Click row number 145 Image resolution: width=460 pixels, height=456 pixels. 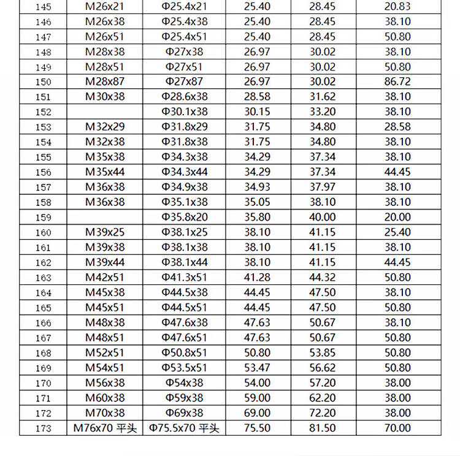pyautogui.click(x=43, y=7)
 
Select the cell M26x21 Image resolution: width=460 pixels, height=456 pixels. pyautogui.click(x=105, y=7)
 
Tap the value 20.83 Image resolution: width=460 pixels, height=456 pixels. pyautogui.click(x=397, y=7)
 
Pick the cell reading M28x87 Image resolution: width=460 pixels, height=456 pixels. pyautogui.click(x=105, y=82)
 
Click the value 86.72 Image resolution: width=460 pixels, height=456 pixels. pyautogui.click(x=397, y=82)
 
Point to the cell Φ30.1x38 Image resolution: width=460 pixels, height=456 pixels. pyautogui.click(x=185, y=112)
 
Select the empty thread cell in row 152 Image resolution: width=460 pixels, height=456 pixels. pyautogui.click(x=105, y=112)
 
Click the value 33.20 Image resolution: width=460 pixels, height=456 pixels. pyautogui.click(x=323, y=112)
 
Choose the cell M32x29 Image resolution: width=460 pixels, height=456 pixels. pyautogui.click(x=105, y=127)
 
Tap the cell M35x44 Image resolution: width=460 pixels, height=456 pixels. pyautogui.click(x=105, y=172)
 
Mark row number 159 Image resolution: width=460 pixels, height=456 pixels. pyautogui.click(x=43, y=218)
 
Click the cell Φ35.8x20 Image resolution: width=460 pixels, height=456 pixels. pyautogui.click(x=185, y=217)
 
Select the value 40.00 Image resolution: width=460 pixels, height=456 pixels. pyautogui.click(x=323, y=217)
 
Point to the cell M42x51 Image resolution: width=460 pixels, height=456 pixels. pyautogui.click(x=105, y=277)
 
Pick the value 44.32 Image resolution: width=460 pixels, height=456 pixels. pyautogui.click(x=323, y=277)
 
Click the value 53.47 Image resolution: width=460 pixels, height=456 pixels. pyautogui.click(x=258, y=368)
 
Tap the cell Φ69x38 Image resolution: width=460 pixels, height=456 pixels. pyautogui.click(x=185, y=412)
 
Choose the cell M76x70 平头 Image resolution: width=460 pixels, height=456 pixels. pyautogui.click(x=105, y=428)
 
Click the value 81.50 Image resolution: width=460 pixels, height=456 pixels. pyautogui.click(x=323, y=428)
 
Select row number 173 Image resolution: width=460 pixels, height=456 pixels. pyautogui.click(x=43, y=428)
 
